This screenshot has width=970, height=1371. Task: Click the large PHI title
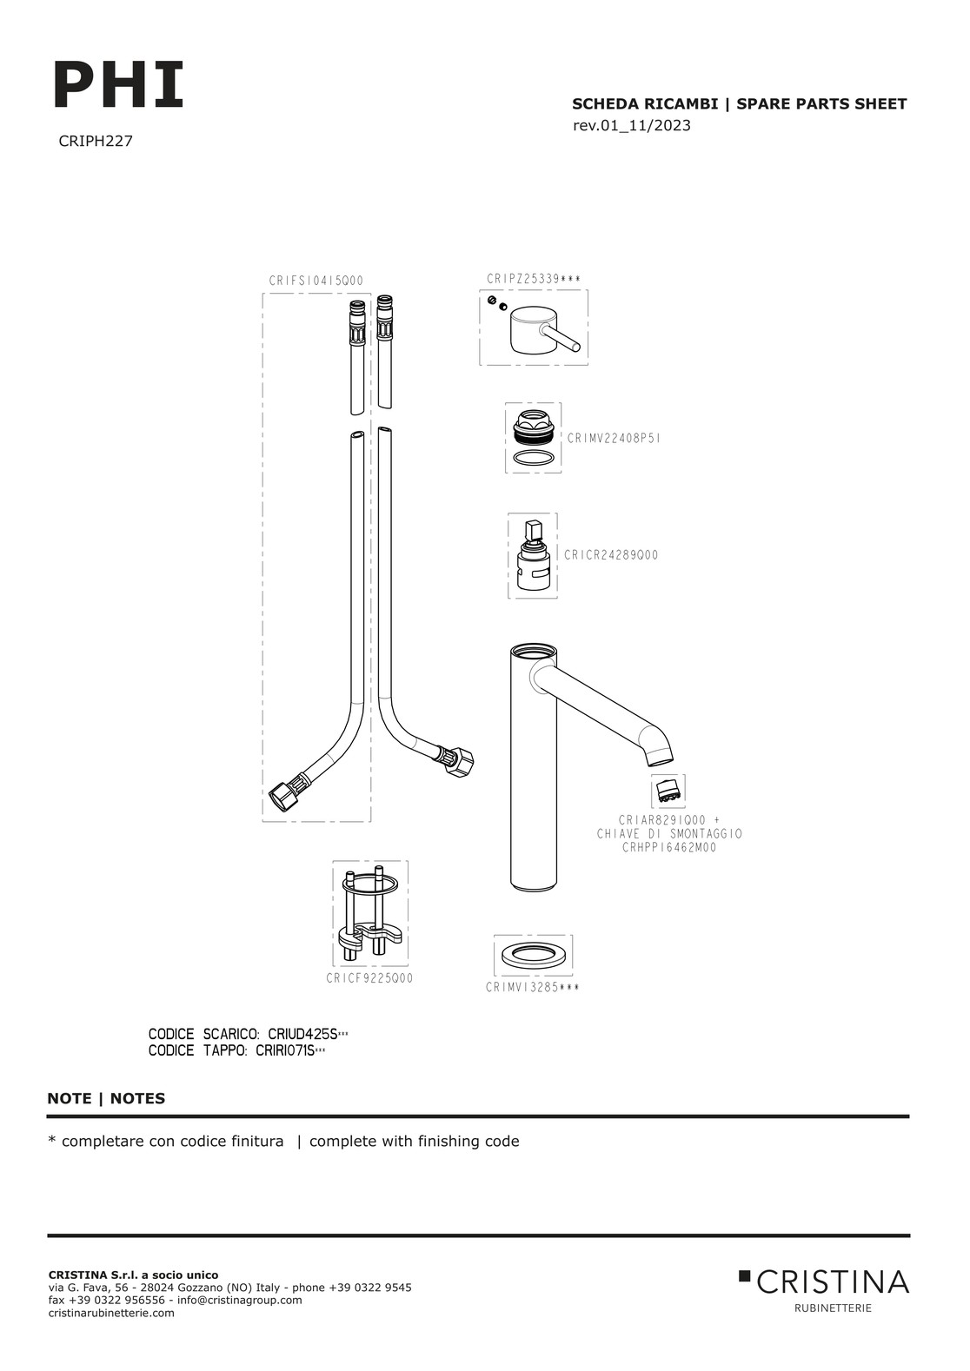coord(119,85)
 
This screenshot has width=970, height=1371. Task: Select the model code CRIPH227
coord(96,141)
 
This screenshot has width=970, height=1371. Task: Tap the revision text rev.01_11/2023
coord(632,126)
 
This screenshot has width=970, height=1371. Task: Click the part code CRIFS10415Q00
coord(316,281)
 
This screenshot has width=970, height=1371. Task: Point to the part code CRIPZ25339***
coord(534,279)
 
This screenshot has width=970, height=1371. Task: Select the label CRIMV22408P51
coord(614,439)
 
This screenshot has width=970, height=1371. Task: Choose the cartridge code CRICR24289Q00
coord(611,555)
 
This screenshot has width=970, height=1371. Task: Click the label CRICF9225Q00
coord(369,978)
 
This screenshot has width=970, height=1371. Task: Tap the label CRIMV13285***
coord(533,988)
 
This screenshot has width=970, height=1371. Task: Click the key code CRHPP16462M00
coord(669,848)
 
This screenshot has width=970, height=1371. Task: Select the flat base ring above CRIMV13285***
coord(534,955)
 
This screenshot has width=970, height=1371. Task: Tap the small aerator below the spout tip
coord(668,791)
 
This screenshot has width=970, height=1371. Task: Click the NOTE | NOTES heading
coord(106,1098)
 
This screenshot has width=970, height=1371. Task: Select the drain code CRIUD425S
coord(302,1035)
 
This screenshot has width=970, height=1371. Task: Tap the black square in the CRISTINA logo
coord(744,1275)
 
